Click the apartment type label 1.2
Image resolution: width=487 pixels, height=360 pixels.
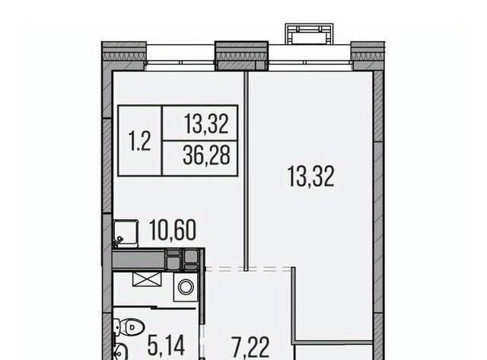[139, 142]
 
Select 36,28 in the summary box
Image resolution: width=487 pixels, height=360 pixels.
[206, 155]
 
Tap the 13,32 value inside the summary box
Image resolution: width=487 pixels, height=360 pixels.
[206, 124]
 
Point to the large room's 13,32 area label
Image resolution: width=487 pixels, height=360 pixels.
[311, 177]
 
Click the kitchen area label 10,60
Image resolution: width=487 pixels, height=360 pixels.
[173, 230]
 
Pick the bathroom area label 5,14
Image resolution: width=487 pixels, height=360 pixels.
[167, 346]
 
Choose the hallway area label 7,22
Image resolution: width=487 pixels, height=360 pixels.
[250, 348]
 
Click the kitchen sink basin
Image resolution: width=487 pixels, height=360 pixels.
[126, 234]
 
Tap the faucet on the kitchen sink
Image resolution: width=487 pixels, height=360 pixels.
[119, 240]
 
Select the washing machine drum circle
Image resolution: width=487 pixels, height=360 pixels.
[186, 286]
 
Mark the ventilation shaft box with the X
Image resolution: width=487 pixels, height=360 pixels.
[147, 279]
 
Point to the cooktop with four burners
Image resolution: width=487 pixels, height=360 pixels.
[182, 260]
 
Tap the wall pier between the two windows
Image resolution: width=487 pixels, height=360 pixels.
[242, 56]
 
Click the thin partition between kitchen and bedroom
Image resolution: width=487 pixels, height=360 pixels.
[246, 170]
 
